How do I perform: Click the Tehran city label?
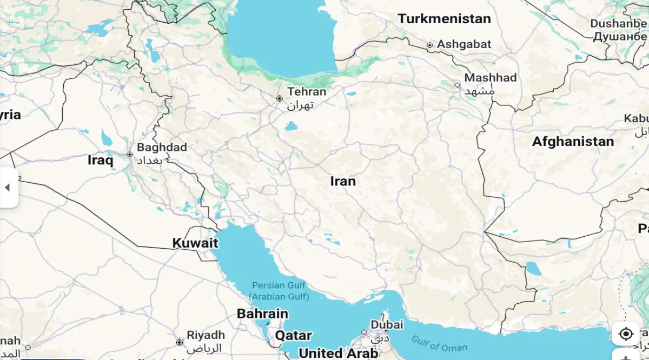tap(307, 92)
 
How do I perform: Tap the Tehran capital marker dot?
tap(280, 98)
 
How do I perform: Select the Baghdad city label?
tap(162, 147)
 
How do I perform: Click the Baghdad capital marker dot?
tap(130, 155)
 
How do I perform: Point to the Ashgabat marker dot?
tap(430, 45)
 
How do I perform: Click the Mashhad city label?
tap(491, 78)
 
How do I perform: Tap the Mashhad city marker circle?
tap(458, 85)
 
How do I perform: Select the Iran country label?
tap(343, 181)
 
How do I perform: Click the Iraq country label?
tap(101, 160)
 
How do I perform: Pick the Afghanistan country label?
tap(573, 142)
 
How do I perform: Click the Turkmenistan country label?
tap(444, 19)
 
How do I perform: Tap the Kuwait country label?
tap(195, 243)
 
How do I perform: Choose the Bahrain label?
tap(262, 314)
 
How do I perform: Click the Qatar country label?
tap(293, 335)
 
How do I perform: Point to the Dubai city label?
tap(387, 325)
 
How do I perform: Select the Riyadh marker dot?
tap(180, 342)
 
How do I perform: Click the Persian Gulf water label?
tap(279, 291)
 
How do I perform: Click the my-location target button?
tap(626, 334)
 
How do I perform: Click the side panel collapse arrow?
tap(8, 188)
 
